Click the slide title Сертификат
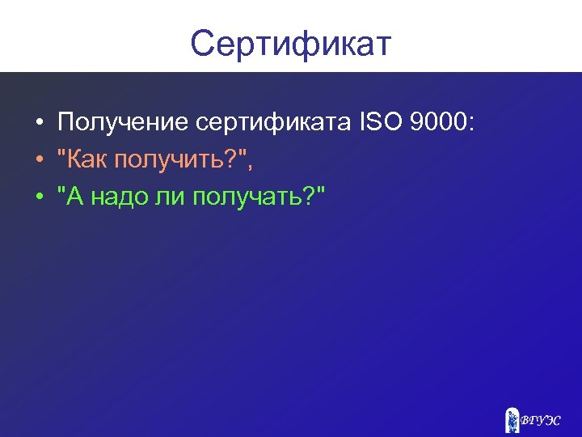tap(290, 44)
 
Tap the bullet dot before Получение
tap(39, 125)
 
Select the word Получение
tap(122, 123)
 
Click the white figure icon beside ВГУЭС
tap(511, 420)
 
